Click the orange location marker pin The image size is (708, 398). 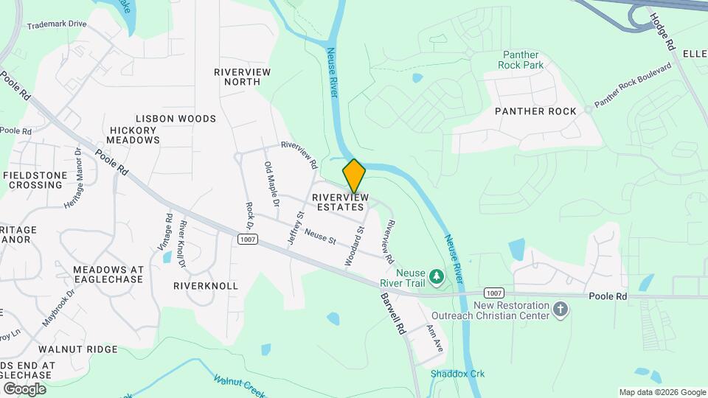(x=354, y=176)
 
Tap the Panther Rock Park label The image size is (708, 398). (x=532, y=60)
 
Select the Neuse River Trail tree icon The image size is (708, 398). (x=437, y=276)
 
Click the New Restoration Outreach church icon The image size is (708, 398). (x=560, y=309)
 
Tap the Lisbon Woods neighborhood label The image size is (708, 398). (x=176, y=119)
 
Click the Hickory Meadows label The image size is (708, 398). (x=133, y=135)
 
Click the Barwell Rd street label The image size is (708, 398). (x=393, y=314)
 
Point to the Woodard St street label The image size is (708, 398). (x=355, y=246)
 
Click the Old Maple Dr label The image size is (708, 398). (x=271, y=184)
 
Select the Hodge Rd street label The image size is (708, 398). (x=662, y=29)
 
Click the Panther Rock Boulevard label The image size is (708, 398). (x=633, y=85)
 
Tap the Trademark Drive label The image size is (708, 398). (x=57, y=24)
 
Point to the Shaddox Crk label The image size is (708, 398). (x=457, y=374)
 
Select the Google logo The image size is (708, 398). (x=24, y=388)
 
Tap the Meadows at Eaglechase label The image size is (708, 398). (x=108, y=274)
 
